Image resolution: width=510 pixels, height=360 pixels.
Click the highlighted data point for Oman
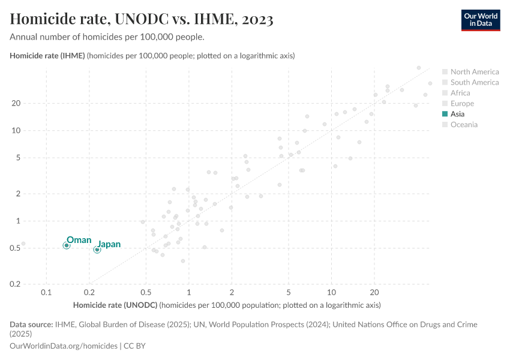[x=67, y=245]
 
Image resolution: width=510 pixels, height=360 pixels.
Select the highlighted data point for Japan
[x=97, y=250]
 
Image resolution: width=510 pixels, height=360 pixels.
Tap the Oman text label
[x=79, y=240]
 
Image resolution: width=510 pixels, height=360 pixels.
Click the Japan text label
[x=109, y=244]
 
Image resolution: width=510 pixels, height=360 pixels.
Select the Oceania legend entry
[x=463, y=125]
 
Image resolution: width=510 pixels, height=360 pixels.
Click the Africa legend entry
[x=460, y=93]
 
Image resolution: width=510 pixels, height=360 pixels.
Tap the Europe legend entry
[x=461, y=104]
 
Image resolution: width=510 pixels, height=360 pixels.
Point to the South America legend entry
[x=474, y=82]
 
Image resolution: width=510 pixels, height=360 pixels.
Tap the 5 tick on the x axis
[x=289, y=292]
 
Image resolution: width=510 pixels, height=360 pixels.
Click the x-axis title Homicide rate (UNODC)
[x=115, y=305]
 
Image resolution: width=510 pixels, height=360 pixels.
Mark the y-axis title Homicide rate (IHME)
[x=48, y=56]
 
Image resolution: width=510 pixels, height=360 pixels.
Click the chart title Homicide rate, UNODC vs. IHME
[x=142, y=19]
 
